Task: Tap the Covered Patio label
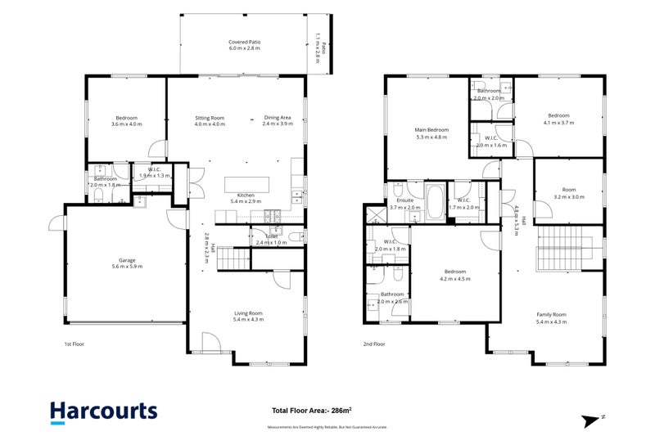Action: (x=244, y=45)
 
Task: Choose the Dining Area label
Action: (x=278, y=121)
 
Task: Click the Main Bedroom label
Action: (x=432, y=133)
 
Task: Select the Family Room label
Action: (x=551, y=317)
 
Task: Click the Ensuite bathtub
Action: (x=434, y=199)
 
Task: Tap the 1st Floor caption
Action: (x=74, y=344)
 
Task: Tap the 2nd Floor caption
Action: (x=374, y=344)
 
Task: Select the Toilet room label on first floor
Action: (x=273, y=237)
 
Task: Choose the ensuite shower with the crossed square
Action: (x=376, y=214)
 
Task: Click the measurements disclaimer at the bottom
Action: (x=327, y=427)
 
